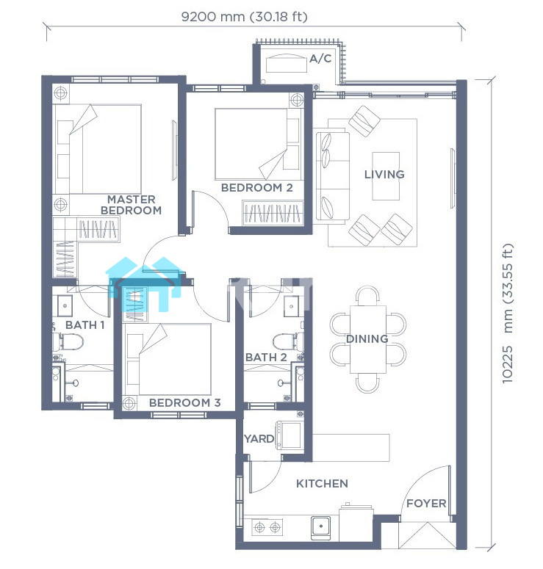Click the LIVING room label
384,175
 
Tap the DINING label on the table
367,339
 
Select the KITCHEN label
322,483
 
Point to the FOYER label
426,504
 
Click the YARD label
259,439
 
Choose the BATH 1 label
85,325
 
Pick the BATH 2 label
266,358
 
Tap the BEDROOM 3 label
185,402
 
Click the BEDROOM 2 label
256,188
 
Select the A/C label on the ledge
320,59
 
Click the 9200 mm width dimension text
244,17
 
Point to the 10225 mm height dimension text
508,314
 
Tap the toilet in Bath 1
68,342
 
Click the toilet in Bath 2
288,342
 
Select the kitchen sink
320,528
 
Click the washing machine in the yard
290,435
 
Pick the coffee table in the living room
386,176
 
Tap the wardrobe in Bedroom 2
273,213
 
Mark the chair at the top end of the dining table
367,296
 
